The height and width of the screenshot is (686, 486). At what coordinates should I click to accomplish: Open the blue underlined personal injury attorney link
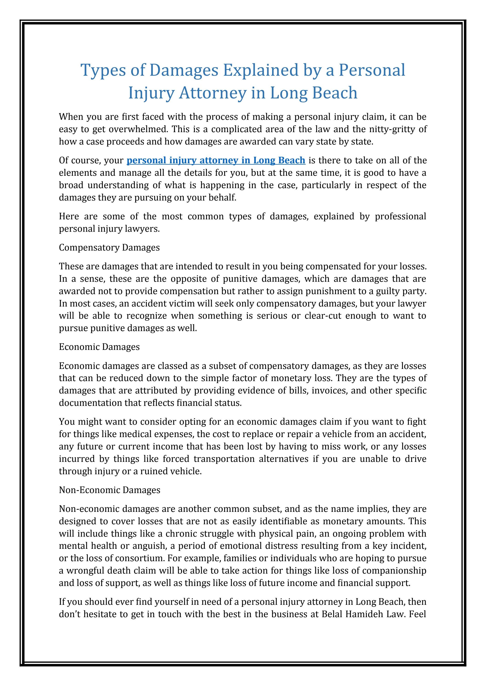pos(216,160)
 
